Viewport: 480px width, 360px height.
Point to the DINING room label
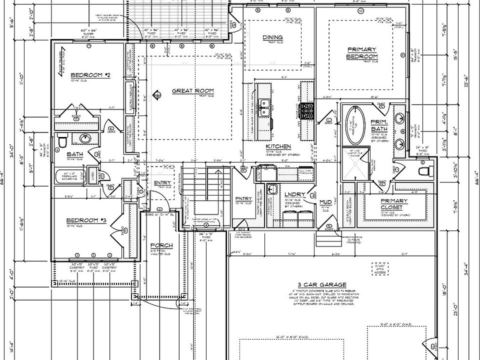click(272, 37)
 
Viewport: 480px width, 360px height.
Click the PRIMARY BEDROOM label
click(361, 53)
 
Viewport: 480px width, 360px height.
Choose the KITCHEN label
click(278, 146)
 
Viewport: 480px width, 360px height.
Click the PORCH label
click(161, 245)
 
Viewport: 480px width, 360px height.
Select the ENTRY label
click(162, 182)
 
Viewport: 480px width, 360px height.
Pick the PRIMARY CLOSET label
click(394, 203)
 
